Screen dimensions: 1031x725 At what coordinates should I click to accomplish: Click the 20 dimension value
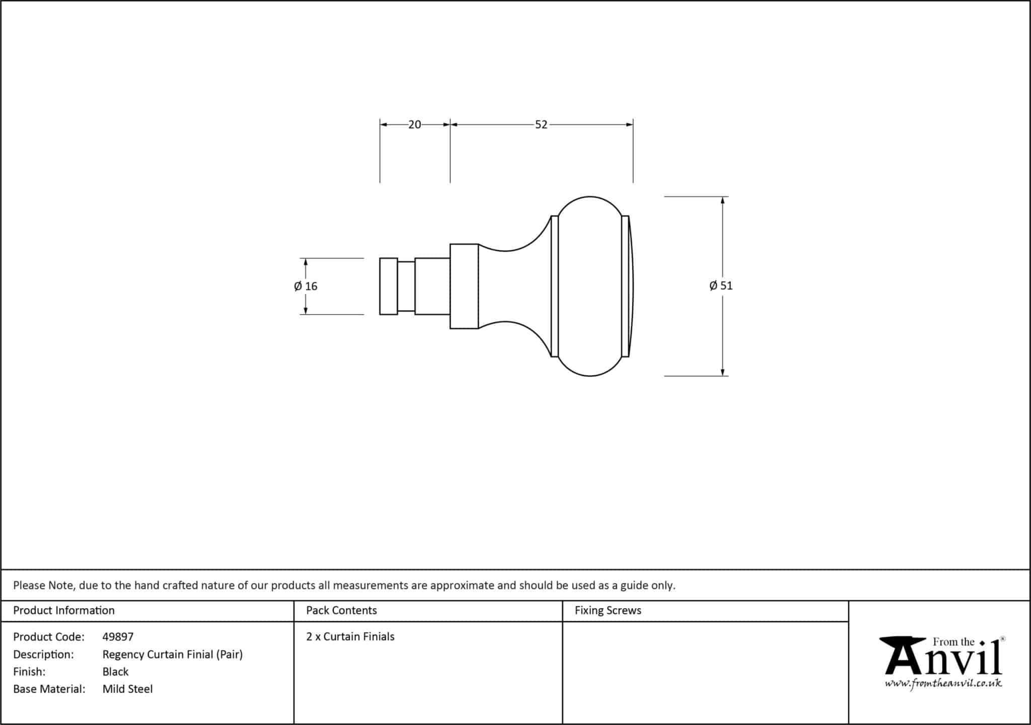414,124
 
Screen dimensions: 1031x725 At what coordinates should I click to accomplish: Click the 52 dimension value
541,124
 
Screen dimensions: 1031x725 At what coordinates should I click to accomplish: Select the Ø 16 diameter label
306,286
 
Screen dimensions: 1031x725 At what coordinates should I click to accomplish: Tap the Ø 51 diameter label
721,286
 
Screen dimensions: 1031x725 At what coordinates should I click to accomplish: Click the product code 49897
118,637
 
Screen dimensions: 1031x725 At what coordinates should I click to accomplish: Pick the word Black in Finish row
115,672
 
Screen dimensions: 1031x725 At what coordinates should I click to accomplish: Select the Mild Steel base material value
127,689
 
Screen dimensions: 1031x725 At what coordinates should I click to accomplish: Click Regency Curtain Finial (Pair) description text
173,655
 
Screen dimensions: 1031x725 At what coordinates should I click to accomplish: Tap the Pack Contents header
341,610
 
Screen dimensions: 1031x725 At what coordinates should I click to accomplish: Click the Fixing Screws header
608,610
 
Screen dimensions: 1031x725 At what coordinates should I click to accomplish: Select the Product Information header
64,610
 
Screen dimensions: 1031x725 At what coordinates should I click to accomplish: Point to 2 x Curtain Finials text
350,636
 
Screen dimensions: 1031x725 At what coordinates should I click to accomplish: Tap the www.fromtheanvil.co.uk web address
943,683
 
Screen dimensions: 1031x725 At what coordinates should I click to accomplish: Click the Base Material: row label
49,689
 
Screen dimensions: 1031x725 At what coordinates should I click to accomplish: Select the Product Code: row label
49,637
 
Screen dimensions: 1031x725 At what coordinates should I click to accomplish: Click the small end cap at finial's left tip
389,286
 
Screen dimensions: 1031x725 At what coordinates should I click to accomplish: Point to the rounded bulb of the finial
590,286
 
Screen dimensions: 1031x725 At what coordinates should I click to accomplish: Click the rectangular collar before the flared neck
464,286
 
